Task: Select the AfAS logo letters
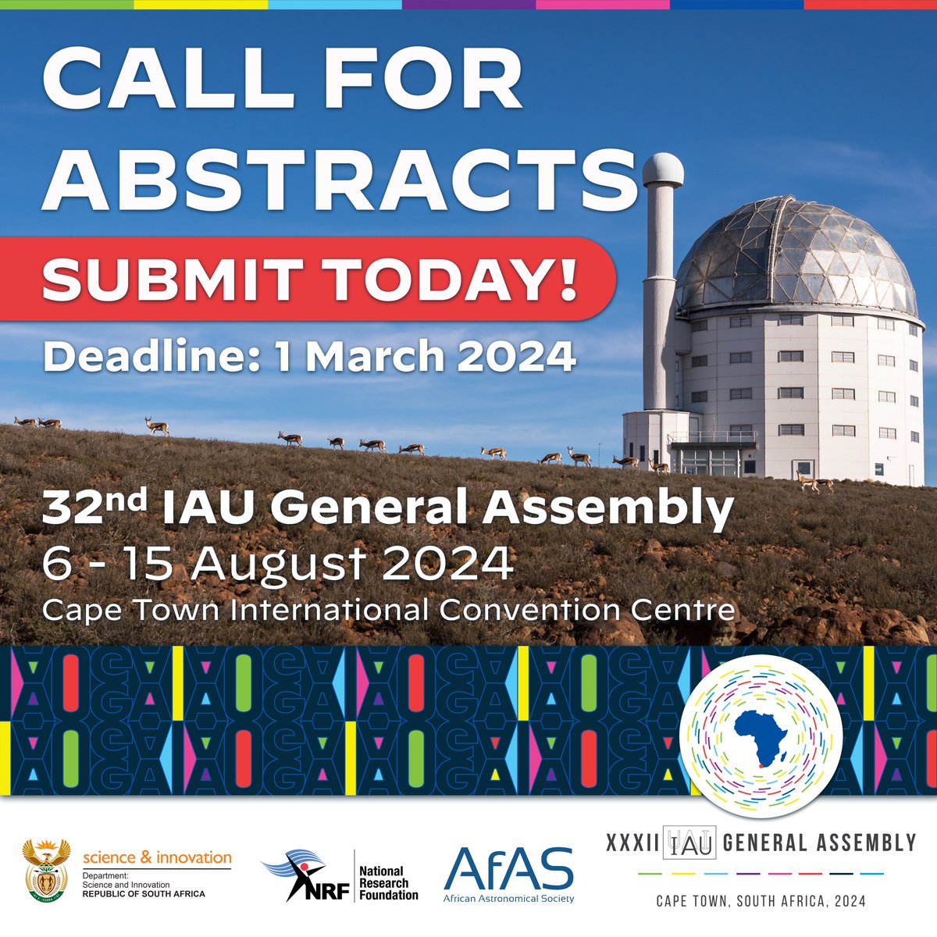tap(508, 868)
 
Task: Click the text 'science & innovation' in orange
tap(157, 857)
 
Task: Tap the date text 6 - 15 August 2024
tap(278, 562)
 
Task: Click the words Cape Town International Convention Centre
tap(388, 609)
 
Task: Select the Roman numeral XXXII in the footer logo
tap(632, 843)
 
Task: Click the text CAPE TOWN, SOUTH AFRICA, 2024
tap(761, 900)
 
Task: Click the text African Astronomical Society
tap(508, 898)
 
